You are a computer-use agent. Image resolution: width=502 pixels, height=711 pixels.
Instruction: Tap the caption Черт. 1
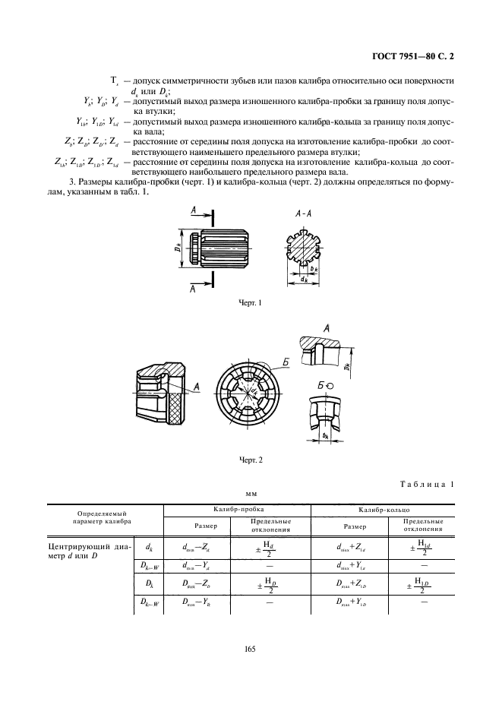point(250,304)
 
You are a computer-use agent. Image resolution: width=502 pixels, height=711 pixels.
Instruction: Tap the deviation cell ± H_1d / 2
point(423,546)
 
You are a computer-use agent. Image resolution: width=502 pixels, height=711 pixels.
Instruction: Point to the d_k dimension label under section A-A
point(303,280)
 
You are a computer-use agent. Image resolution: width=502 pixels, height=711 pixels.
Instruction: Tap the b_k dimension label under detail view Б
point(324,436)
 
